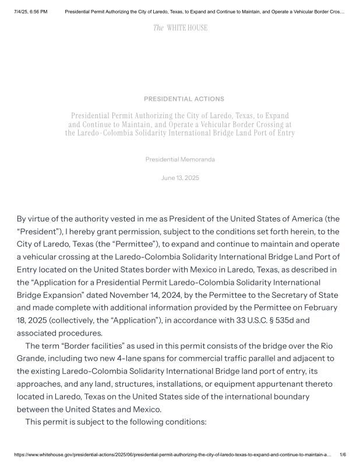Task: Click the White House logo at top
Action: [x=180, y=28]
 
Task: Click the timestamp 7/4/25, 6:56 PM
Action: [x=30, y=12]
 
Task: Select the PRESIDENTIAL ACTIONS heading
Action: [x=184, y=99]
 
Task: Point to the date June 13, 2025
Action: [x=180, y=178]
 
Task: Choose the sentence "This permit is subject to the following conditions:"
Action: [x=116, y=421]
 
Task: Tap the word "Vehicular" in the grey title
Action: [x=221, y=124]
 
